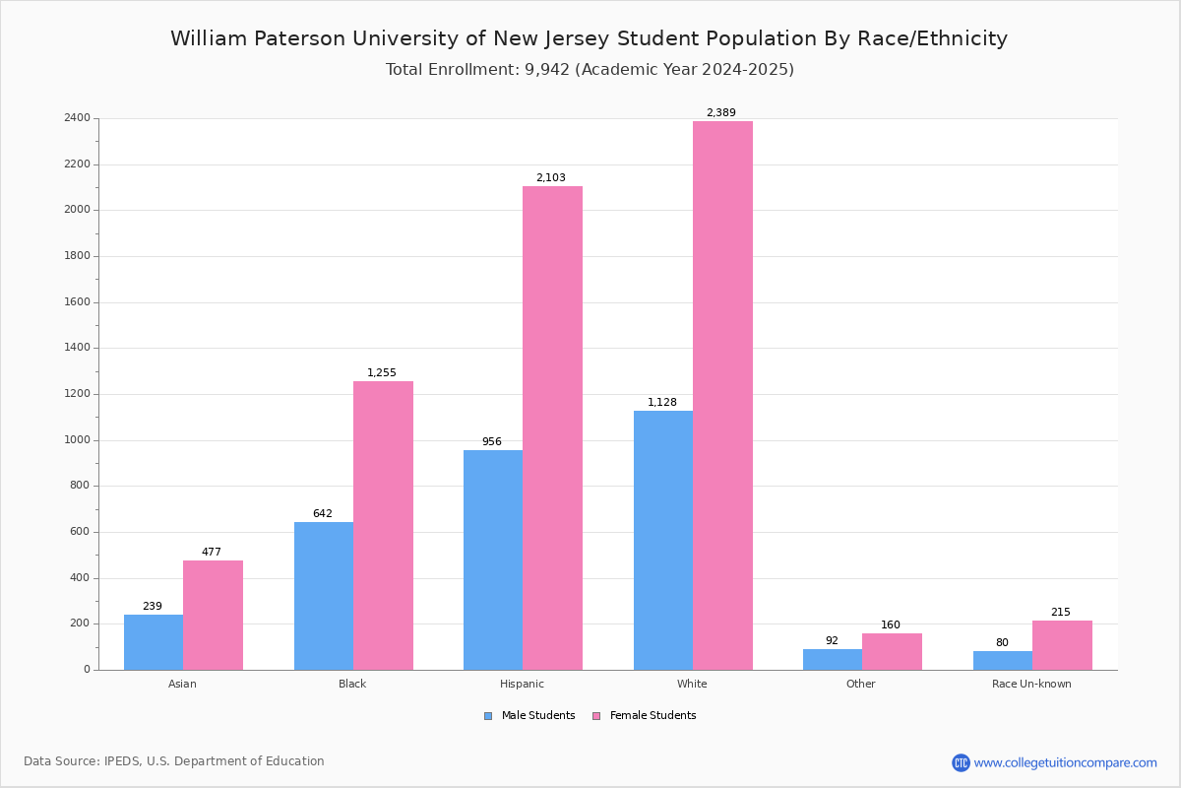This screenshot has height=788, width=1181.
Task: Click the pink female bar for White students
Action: (x=722, y=395)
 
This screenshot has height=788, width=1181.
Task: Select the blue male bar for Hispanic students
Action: (x=493, y=560)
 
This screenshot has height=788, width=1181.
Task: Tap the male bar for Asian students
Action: (x=154, y=642)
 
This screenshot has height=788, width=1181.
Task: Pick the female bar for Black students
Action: (x=383, y=526)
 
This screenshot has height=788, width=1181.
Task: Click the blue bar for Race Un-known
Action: (x=1003, y=661)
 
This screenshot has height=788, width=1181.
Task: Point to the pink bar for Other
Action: (x=892, y=652)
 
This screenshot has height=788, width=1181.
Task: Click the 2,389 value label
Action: (x=720, y=112)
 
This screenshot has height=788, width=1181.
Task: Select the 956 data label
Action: (x=491, y=441)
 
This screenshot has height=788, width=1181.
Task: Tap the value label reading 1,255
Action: (x=381, y=372)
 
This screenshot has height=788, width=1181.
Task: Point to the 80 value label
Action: (x=1002, y=642)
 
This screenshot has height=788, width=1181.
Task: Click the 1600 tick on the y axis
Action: (x=77, y=301)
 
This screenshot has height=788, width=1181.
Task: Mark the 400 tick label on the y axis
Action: (x=80, y=577)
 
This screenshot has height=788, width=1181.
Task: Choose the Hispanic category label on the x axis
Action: (x=522, y=684)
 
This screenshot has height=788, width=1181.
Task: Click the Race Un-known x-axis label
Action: (x=1031, y=684)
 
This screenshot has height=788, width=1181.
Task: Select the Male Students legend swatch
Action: (x=488, y=716)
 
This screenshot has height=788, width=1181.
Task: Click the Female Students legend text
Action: (x=653, y=715)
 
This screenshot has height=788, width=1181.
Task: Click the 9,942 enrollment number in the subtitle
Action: (x=547, y=70)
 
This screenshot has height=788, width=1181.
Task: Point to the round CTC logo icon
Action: (x=961, y=762)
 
